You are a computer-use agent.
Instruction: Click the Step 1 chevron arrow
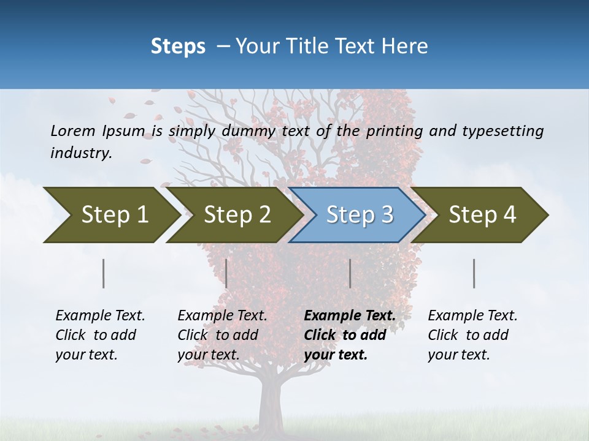[x=114, y=215]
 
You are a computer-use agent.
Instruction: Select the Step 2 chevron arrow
[x=236, y=215]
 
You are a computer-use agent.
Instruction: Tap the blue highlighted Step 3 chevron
[x=359, y=215]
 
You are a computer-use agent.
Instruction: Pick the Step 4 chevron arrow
[x=482, y=215]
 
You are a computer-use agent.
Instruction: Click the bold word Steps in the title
[x=178, y=46]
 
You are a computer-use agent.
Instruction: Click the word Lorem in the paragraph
[x=73, y=130]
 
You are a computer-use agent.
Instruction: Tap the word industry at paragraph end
[x=81, y=153]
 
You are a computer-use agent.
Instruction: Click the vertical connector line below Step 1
[x=104, y=273]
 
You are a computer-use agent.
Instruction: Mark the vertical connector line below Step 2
[x=226, y=273]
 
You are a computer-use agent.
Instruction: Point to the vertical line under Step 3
[x=350, y=273]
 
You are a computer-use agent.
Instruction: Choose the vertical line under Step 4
[x=474, y=273]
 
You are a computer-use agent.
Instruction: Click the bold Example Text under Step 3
[x=350, y=315]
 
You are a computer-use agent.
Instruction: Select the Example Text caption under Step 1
[x=100, y=315]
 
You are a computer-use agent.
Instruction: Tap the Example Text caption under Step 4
[x=472, y=315]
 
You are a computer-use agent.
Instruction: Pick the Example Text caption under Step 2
[x=222, y=315]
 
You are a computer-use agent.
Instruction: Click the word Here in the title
[x=405, y=46]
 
